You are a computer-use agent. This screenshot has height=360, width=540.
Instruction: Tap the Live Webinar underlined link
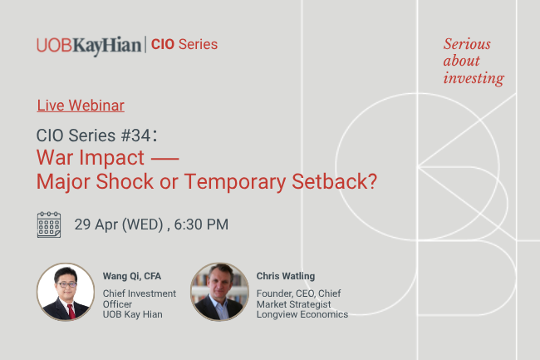81,106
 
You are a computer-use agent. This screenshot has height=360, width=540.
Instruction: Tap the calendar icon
49,224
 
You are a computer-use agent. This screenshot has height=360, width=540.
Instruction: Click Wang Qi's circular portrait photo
66,292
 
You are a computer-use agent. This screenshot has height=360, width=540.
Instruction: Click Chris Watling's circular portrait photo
219,292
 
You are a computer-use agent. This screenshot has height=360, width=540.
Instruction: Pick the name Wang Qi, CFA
133,276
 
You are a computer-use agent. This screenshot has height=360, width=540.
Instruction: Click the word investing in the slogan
474,79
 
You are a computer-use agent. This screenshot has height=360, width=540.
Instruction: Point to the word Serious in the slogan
467,44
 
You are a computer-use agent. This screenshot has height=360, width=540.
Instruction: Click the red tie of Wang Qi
70,312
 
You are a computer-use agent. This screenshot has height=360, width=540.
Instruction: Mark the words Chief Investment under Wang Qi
139,293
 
